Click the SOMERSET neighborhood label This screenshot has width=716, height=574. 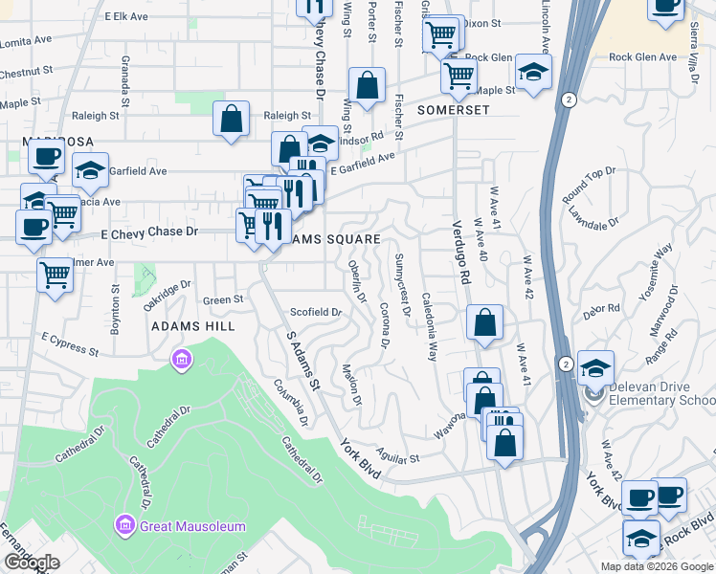pyautogui.click(x=453, y=110)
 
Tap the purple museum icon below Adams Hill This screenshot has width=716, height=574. pyautogui.click(x=180, y=361)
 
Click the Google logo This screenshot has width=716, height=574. pyautogui.click(x=32, y=563)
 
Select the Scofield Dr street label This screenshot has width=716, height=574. pyautogui.click(x=316, y=312)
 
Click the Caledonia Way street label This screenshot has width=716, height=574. pyautogui.click(x=428, y=325)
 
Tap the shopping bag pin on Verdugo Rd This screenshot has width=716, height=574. pyautogui.click(x=485, y=322)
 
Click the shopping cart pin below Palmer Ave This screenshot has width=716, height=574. pyautogui.click(x=55, y=275)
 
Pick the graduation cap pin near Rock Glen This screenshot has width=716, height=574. pyautogui.click(x=533, y=70)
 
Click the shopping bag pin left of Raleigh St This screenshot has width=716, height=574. pyautogui.click(x=232, y=120)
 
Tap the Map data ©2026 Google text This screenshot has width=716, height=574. pyautogui.click(x=656, y=566)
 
